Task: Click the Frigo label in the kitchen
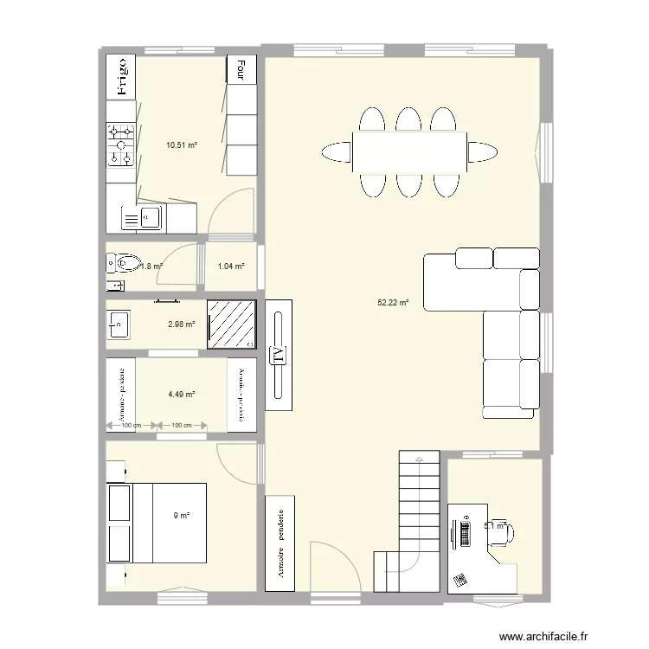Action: pos(122,75)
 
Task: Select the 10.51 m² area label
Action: pos(182,145)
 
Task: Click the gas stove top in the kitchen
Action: pos(121,145)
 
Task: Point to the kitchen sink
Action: pos(148,217)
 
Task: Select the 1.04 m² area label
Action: pos(230,267)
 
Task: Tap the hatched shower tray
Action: pos(232,324)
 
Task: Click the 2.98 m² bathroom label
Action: pos(181,324)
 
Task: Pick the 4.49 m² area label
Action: pos(181,395)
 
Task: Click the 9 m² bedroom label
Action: pos(181,516)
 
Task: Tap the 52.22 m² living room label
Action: pos(393,303)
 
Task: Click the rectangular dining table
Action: pos(409,152)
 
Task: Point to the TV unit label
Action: pos(279,355)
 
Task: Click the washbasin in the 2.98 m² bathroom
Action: pos(119,324)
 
